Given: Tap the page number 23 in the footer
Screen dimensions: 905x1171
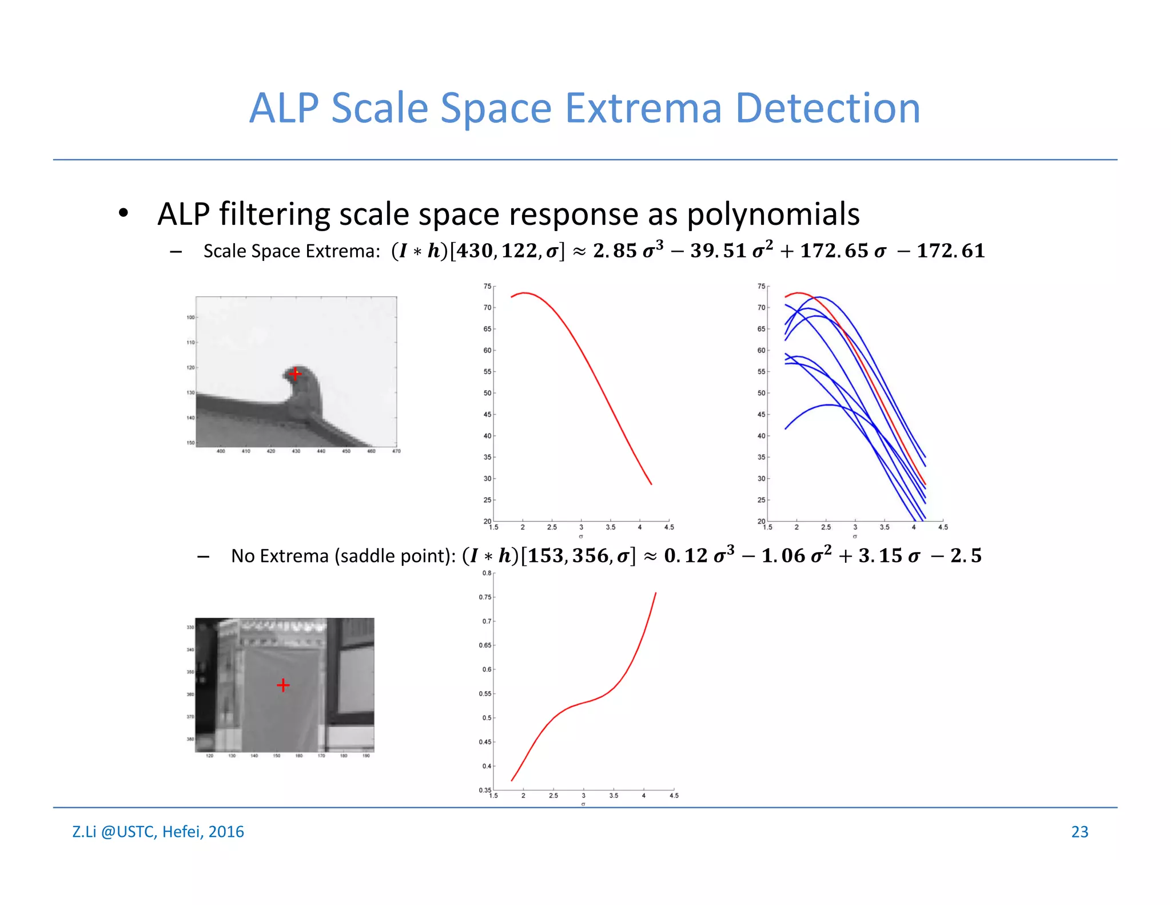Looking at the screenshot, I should click(1079, 831).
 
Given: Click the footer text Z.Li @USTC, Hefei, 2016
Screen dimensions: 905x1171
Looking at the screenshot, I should click(158, 831).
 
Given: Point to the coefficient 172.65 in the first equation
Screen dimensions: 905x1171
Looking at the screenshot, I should click(834, 251).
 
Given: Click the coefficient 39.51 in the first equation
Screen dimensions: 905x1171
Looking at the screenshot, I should click(718, 251).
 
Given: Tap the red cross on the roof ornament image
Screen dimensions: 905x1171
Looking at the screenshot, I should click(294, 374).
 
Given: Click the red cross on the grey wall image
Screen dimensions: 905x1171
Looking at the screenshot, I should click(283, 685).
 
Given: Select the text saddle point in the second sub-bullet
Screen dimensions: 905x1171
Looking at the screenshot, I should click(392, 556).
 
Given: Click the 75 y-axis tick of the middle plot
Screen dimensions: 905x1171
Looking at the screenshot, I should click(487, 286).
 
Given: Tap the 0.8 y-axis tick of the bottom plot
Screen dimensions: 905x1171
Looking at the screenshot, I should click(487, 573).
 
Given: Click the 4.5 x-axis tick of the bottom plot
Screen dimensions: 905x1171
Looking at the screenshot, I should click(674, 796).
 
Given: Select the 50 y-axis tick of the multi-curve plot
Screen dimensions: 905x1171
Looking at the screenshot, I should click(761, 393).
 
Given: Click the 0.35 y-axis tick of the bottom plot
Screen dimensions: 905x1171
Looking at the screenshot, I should click(485, 790).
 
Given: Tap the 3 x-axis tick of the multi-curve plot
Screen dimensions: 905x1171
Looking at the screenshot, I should click(855, 527).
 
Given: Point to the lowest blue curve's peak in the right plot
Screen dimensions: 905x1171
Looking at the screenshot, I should click(829, 405).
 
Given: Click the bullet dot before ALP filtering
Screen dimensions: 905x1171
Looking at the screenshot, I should click(123, 214).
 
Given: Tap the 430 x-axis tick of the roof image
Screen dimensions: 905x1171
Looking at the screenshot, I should click(296, 451).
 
